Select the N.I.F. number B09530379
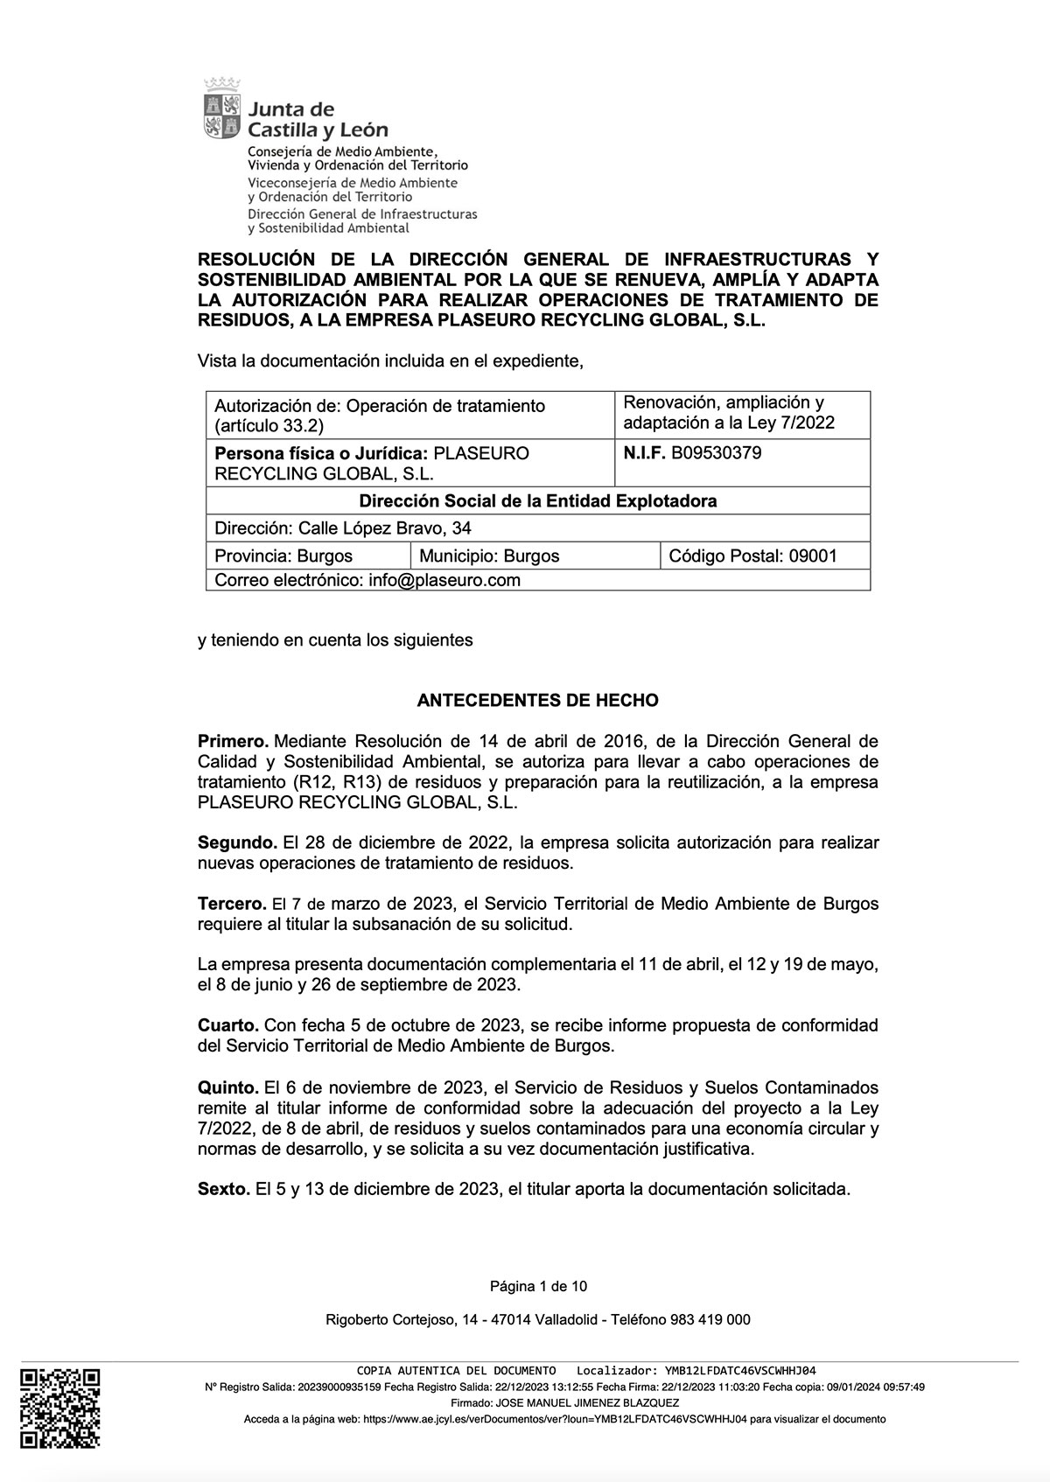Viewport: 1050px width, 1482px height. [716, 452]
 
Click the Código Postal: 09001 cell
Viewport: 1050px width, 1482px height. [752, 556]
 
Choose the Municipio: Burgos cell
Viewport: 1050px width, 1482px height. [489, 556]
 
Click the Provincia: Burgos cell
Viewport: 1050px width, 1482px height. [283, 556]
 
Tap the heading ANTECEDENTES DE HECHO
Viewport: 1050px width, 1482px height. [537, 701]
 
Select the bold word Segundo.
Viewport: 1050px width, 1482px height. [236, 843]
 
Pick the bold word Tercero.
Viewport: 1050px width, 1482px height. [232, 904]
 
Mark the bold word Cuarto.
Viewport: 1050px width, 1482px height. [228, 1024]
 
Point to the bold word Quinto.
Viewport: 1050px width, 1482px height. [227, 1087]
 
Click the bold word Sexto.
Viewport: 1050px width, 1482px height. [224, 1190]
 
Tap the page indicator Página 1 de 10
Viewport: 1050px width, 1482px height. [538, 1286]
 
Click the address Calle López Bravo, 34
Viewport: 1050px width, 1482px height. [385, 528]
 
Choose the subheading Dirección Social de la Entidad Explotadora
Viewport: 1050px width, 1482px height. [538, 501]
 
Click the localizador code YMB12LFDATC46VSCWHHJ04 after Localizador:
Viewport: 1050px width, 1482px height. [739, 1370]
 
